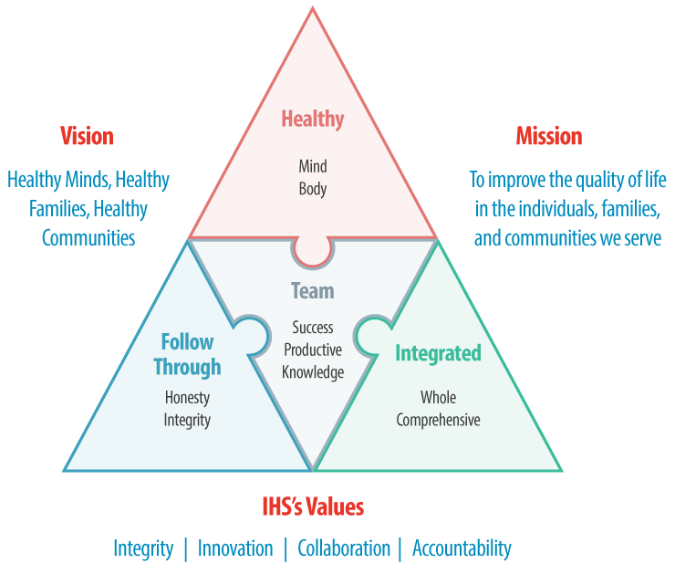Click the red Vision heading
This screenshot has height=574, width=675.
click(x=87, y=137)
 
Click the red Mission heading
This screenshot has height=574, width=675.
click(x=548, y=137)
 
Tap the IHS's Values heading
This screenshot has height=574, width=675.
click(x=312, y=506)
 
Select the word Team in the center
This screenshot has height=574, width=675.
click(x=312, y=291)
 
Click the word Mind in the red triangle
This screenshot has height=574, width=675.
click(x=312, y=166)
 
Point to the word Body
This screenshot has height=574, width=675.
click(x=312, y=190)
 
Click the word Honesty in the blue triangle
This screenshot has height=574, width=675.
click(x=187, y=398)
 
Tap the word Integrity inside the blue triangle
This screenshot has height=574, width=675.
click(x=187, y=421)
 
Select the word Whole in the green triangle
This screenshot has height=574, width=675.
click(x=438, y=398)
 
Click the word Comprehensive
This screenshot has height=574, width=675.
click(x=438, y=421)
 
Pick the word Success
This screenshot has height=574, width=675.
click(x=313, y=327)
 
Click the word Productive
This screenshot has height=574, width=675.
click(x=313, y=350)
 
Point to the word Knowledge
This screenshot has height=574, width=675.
click(x=313, y=372)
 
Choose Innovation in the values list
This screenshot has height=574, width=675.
click(x=235, y=548)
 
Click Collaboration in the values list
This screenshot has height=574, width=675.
click(x=344, y=548)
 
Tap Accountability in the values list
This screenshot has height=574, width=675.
click(x=462, y=548)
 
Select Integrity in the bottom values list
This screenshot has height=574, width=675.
click(x=143, y=548)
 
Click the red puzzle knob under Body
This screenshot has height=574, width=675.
click(x=312, y=251)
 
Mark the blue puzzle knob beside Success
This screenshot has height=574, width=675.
click(x=248, y=335)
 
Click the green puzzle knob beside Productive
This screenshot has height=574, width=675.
click(x=372, y=335)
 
